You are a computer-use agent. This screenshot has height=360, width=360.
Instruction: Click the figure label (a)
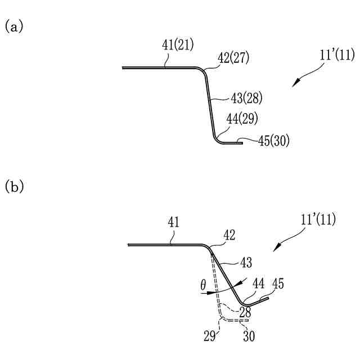13,26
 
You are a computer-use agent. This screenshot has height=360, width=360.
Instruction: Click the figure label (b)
13,187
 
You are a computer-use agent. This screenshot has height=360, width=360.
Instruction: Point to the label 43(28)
246,98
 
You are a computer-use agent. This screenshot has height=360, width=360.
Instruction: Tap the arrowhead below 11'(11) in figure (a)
295,84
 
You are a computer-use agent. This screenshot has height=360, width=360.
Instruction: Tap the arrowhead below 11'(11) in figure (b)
276,249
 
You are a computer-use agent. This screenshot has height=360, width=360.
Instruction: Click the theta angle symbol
203,286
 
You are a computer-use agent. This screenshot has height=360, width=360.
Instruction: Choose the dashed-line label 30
249,338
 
